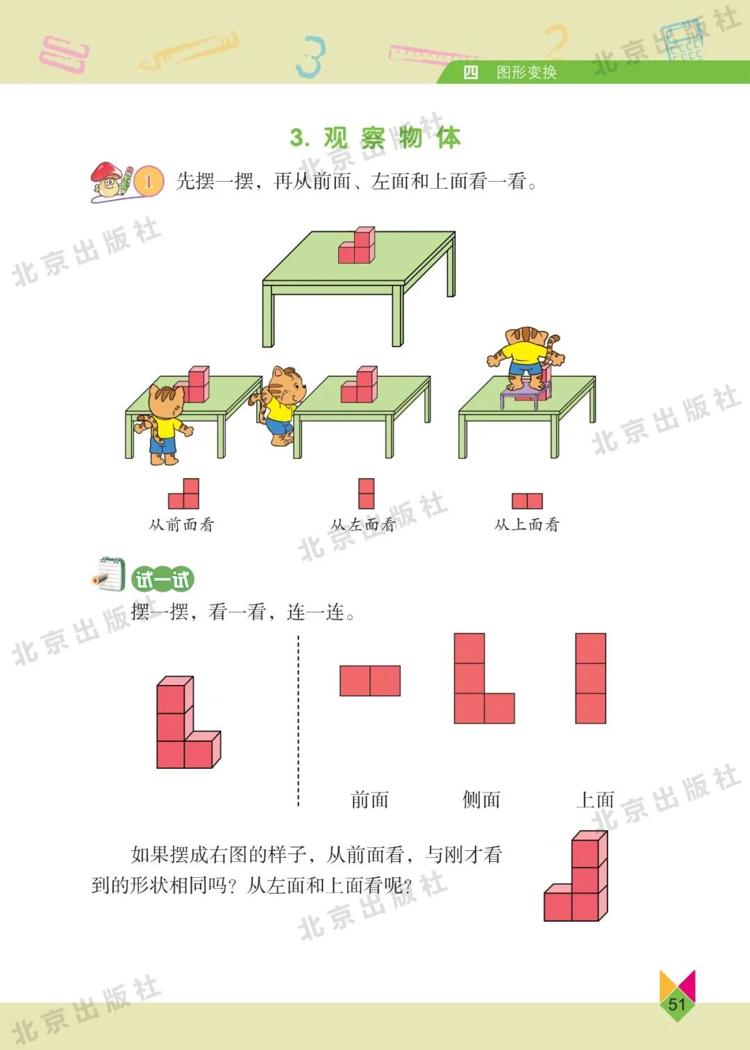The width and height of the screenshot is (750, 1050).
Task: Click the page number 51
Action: (x=676, y=1004)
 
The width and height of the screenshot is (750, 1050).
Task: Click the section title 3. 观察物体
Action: (x=375, y=137)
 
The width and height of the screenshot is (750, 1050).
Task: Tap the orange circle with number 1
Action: (x=148, y=182)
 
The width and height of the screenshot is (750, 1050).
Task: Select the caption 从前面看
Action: (x=181, y=525)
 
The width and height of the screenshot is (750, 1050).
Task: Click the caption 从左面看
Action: (x=362, y=525)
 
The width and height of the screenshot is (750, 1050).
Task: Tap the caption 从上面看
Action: (x=526, y=525)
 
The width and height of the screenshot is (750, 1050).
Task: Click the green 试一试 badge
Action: (x=162, y=579)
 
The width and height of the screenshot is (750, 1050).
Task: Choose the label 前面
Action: (x=369, y=799)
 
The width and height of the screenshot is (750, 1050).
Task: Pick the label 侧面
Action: (x=481, y=799)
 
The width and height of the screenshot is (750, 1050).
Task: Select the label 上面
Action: (x=595, y=799)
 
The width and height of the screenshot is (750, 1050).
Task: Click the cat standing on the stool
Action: (x=525, y=358)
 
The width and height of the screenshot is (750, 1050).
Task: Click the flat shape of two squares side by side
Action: (x=369, y=680)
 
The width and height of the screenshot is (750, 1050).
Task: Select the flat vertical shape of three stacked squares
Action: (x=590, y=678)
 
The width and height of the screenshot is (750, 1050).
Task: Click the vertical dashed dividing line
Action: (x=299, y=722)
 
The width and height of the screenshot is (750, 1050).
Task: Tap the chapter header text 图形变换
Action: (x=526, y=72)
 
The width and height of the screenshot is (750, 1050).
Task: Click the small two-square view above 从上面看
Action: (x=527, y=500)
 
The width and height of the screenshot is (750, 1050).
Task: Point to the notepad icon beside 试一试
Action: (x=109, y=575)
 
